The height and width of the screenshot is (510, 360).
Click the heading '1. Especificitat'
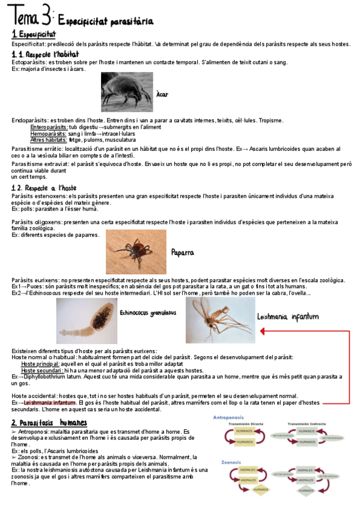[x=34, y=34]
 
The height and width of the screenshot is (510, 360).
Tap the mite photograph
[x=126, y=91]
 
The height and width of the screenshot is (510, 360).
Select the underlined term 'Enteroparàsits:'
[x=49, y=127]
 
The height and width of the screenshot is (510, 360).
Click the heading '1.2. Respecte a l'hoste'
[x=44, y=188]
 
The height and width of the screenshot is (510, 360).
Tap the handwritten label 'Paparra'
[x=183, y=253]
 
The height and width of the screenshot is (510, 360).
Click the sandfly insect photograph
[x=220, y=321]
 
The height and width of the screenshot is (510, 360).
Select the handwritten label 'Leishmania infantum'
[x=287, y=316]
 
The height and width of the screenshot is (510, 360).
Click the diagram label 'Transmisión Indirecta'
[x=310, y=423]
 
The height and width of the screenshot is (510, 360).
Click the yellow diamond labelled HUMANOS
[x=260, y=489]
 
